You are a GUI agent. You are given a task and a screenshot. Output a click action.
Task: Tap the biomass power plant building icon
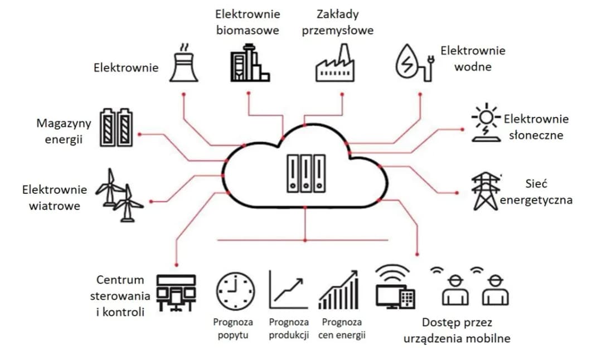[249, 64]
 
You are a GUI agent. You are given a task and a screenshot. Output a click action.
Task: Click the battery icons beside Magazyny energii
[117, 128]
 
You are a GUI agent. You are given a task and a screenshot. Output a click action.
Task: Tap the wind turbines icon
[119, 196]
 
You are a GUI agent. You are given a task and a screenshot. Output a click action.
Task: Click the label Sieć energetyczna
[536, 192]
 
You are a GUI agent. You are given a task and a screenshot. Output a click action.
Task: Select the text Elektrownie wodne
[473, 59]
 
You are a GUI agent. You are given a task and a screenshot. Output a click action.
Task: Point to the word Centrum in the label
[119, 280]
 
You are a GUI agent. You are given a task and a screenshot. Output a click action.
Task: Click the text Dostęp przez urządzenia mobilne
[457, 330]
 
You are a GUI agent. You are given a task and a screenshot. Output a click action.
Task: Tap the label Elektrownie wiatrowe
[55, 198]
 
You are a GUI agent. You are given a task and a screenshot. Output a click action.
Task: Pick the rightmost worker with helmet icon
[494, 290]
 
